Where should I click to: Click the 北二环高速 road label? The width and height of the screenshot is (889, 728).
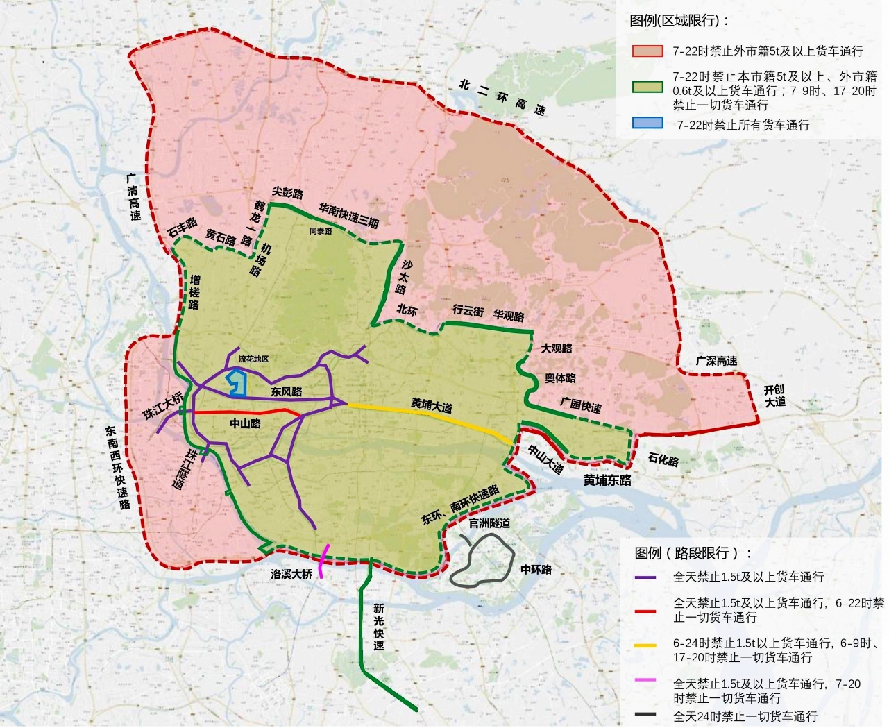point(502,97)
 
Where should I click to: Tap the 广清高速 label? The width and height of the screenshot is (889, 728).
point(133,196)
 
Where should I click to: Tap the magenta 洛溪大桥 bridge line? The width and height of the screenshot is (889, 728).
point(323,561)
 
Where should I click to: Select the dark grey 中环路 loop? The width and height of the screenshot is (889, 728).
point(482,560)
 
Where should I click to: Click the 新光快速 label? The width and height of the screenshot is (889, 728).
point(378,627)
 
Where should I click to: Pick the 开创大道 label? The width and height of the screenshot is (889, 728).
point(774,396)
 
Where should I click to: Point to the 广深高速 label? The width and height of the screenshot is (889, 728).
point(716,361)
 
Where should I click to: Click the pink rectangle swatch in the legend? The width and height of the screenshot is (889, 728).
point(647,51)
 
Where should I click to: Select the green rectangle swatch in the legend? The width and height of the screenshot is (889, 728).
point(647,87)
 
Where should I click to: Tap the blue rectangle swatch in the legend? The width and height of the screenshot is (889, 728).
point(647,124)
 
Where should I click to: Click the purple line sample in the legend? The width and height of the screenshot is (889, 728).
point(645,577)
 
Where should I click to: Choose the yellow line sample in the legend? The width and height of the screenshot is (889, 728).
point(645,645)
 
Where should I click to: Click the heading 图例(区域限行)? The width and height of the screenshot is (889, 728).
point(679,21)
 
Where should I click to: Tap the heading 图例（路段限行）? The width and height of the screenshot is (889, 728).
point(693,553)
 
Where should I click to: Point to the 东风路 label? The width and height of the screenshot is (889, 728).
point(287,391)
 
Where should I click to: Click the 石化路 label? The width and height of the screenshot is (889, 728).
point(663,459)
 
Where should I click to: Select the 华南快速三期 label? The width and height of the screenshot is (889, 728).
point(348,214)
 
